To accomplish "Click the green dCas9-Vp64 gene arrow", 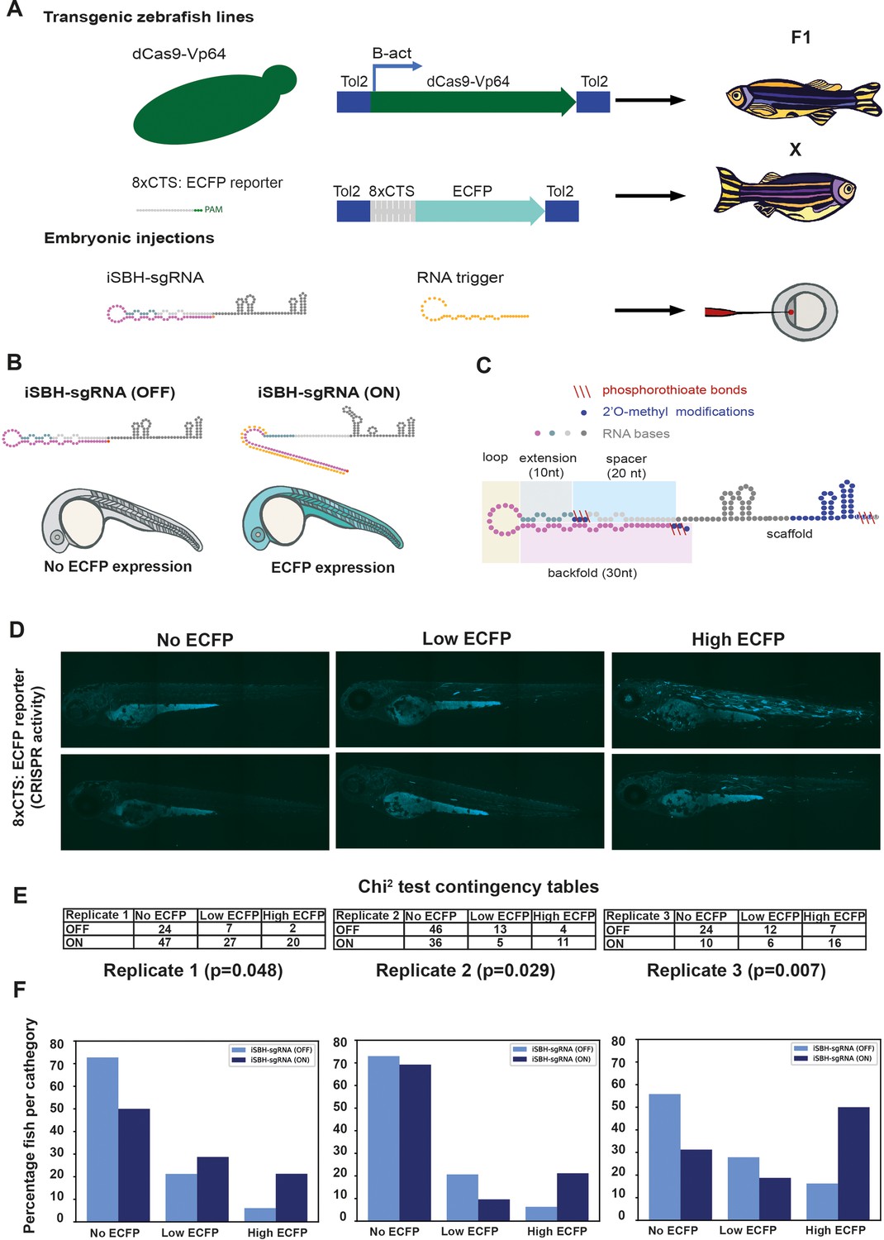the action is coord(473,102).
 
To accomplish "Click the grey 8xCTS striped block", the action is coord(392,211).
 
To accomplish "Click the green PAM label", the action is coord(213,209).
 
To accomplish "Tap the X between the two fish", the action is coord(795,150).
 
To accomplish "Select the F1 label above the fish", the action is coord(801,37).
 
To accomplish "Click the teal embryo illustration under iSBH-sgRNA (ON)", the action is coord(322,518).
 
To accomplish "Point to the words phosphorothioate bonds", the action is coord(674,389).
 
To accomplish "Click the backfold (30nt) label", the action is coord(592,573).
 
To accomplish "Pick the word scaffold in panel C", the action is coord(790,534).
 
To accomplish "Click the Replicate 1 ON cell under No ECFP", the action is coord(165,942).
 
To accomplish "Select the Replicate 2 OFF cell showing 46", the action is coord(436,929).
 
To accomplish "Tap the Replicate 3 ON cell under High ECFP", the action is coord(834,942).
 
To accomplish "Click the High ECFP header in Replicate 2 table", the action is coord(563,916).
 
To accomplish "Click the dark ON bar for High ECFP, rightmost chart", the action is coord(853,1164).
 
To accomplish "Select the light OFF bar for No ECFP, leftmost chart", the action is coord(102,1139).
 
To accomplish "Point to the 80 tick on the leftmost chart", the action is coord(57,1044).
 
